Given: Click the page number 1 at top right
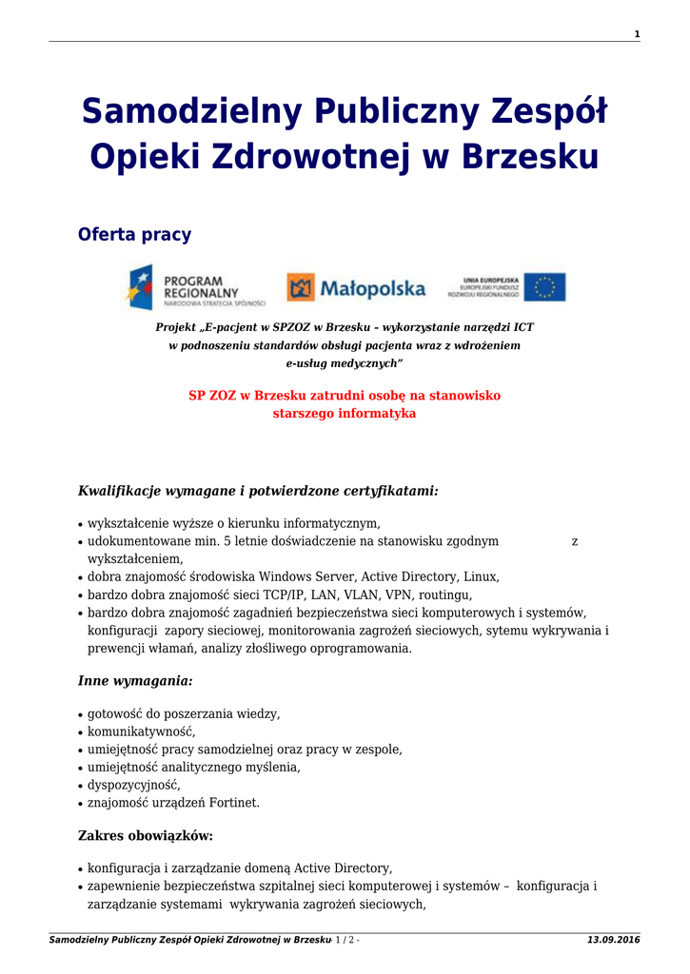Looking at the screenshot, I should pos(637,34).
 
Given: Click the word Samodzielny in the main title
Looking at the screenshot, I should pos(182,112).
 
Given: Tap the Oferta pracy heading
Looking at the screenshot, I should pos(134,235).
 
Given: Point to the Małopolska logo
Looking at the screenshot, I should pos(357,287).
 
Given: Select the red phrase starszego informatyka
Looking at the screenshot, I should pos(345,414).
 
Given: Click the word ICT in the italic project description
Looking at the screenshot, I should pos(522,327).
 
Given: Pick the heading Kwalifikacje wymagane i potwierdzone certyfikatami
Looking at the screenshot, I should pos(258,491).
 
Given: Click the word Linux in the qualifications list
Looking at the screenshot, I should pos(481,576).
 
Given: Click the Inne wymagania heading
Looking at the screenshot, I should pos(135,681).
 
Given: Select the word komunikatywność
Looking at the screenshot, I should pos(141,731).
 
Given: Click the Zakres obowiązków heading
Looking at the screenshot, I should pos(145,836).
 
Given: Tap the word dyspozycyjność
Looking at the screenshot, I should pos(133,786).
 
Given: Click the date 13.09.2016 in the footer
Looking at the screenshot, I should pos(614,940).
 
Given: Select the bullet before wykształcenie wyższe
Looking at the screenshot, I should pos(80,524).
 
